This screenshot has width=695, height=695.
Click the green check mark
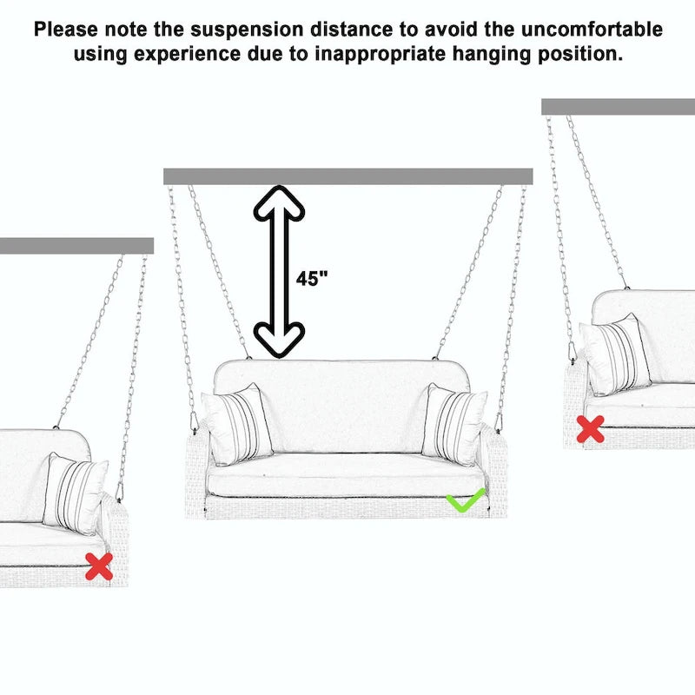[466, 500]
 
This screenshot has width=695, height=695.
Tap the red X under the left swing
[99, 566]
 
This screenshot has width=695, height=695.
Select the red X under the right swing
[591, 429]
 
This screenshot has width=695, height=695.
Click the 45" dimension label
[312, 279]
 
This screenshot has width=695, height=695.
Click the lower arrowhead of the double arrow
[279, 340]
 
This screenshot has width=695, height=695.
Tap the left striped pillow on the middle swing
[237, 425]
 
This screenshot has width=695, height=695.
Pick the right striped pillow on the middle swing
[454, 425]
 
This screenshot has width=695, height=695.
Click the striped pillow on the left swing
[76, 493]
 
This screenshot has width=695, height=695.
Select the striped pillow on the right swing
[617, 354]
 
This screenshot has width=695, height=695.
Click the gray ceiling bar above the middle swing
[347, 176]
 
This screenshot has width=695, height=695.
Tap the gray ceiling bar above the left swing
[76, 246]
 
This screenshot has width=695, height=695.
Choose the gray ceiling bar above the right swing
[618, 106]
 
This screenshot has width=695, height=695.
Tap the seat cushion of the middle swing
[345, 480]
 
